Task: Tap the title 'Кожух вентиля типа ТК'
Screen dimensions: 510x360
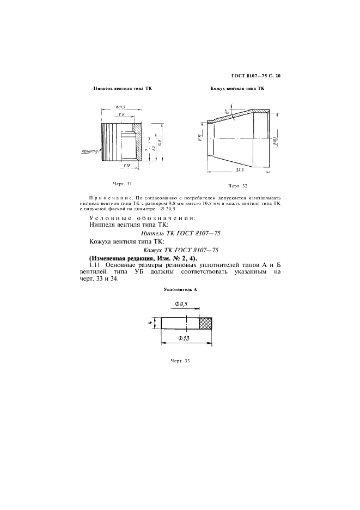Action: pyautogui.click(x=233, y=88)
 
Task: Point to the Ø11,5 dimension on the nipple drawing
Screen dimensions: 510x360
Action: pyautogui.click(x=120, y=107)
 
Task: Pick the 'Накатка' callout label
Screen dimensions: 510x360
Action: pyautogui.click(x=88, y=151)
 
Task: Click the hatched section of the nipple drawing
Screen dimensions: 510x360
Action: pyautogui.click(x=139, y=145)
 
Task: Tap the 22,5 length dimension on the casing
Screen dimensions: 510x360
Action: pyautogui.click(x=238, y=170)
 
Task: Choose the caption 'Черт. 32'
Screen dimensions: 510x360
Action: pyautogui.click(x=237, y=185)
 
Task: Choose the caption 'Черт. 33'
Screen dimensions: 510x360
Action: pyautogui.click(x=180, y=361)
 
